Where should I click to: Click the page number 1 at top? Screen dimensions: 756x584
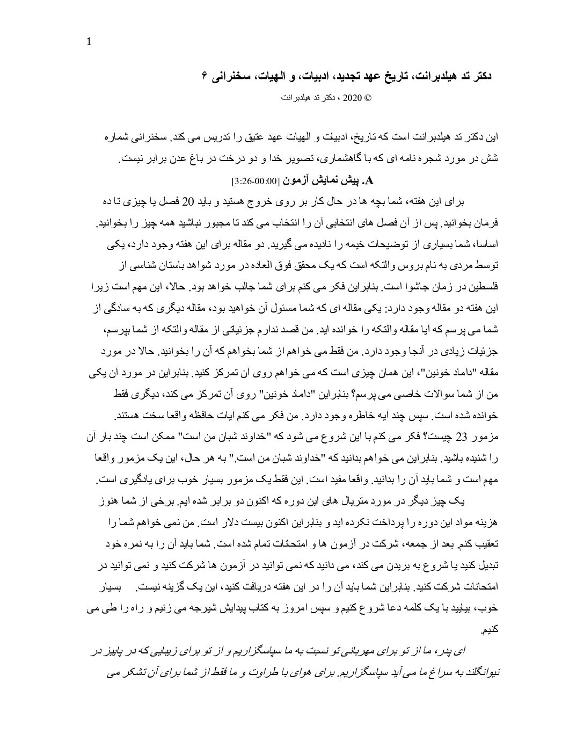89,42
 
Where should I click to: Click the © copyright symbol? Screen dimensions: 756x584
368,98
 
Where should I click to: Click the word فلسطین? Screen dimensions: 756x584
481,286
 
